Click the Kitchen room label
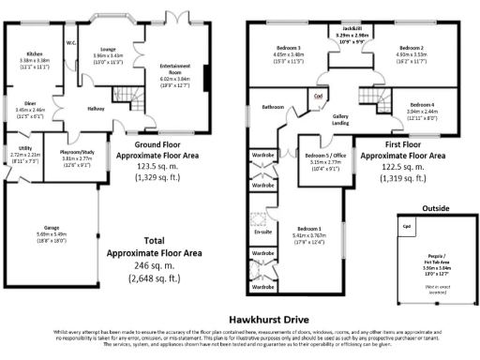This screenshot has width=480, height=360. tap(34, 54)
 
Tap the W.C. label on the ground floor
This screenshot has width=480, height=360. tap(71, 41)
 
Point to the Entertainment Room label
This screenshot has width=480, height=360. tap(175, 68)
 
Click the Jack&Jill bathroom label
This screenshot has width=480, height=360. tap(345, 29)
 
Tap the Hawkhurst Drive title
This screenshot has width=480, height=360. tap(240, 319)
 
